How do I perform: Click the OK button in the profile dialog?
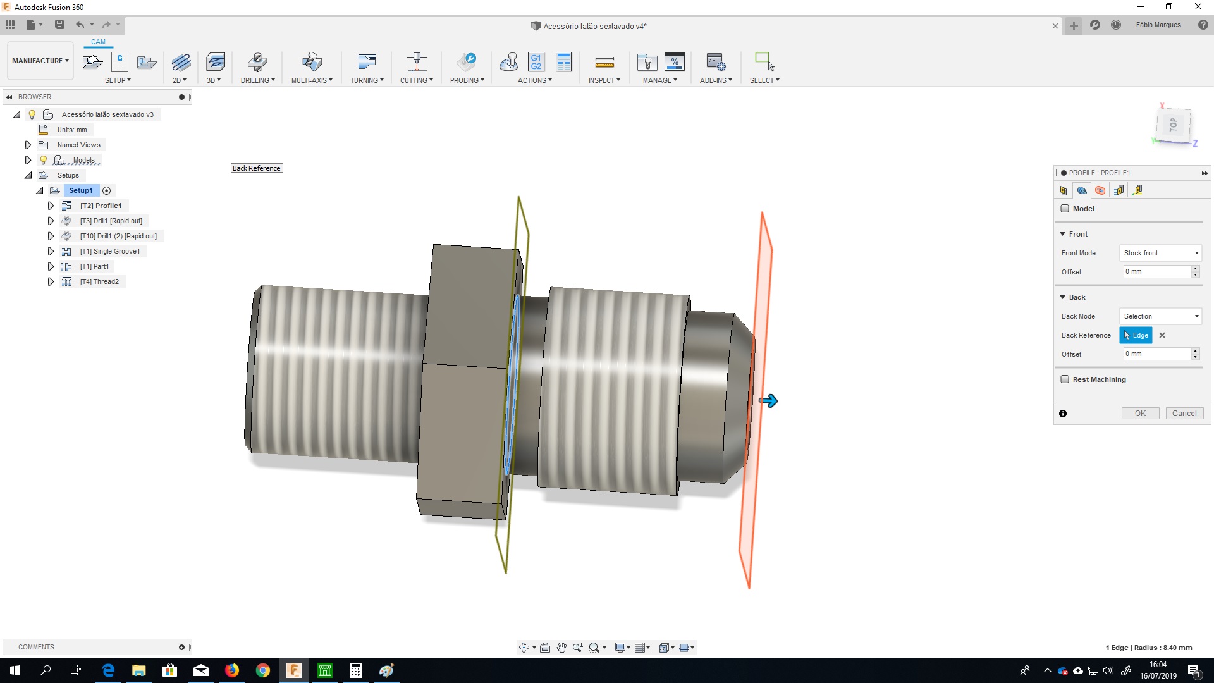[x=1139, y=414]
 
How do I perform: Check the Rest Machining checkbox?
[x=1065, y=379]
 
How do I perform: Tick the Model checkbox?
[x=1065, y=209]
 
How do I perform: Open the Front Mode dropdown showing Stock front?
[x=1160, y=253]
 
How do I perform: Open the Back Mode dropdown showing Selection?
[x=1160, y=316]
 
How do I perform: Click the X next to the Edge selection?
[x=1162, y=335]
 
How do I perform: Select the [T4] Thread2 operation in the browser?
[x=99, y=281]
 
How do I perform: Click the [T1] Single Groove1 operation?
[x=109, y=251]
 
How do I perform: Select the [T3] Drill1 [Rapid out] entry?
[x=111, y=221]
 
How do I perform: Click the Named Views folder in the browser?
[x=78, y=145]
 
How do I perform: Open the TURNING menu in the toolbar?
[x=367, y=80]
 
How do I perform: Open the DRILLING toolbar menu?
[x=257, y=80]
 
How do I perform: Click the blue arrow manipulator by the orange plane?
[x=769, y=401]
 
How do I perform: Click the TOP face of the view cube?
[x=1174, y=125]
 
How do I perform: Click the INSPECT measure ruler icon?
[x=604, y=62]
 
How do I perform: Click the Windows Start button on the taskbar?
[x=15, y=670]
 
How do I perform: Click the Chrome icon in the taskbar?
[x=263, y=670]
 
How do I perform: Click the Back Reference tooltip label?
[x=256, y=168]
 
